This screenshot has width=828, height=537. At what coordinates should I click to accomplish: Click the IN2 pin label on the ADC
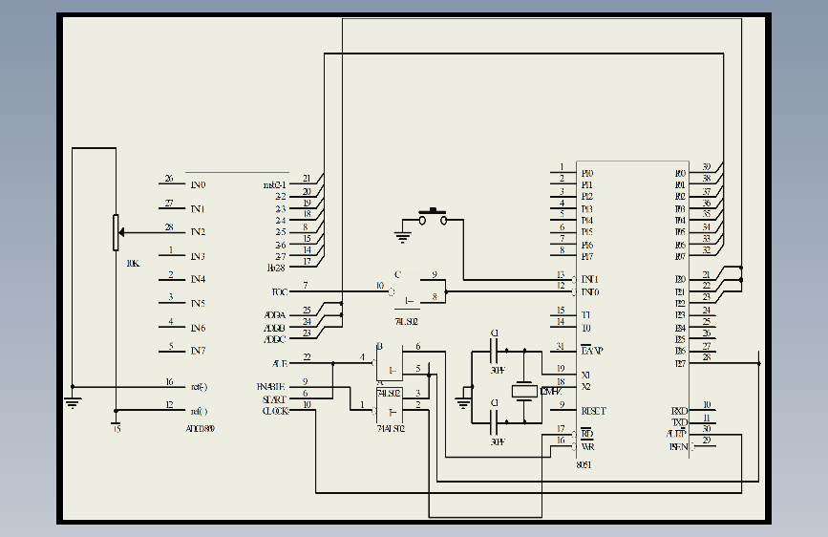(198, 232)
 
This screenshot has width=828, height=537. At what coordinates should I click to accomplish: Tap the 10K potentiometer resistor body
(116, 232)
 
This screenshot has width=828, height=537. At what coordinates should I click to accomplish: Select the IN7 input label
(198, 351)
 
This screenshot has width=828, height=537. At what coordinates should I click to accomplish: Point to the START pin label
(273, 398)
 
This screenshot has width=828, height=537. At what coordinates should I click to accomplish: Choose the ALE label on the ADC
(279, 363)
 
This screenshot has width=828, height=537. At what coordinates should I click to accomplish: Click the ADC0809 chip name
(200, 429)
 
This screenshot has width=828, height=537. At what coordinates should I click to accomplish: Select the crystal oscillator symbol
(523, 391)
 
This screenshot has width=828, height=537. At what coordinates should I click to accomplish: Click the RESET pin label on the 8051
(593, 410)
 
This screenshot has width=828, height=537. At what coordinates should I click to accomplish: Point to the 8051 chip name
(584, 464)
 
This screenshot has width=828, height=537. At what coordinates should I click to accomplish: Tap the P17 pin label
(586, 256)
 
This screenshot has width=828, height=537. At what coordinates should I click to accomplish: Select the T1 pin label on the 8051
(585, 315)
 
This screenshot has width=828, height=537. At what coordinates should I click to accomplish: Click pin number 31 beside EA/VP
(561, 346)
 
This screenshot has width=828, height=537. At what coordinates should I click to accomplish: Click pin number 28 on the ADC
(169, 227)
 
